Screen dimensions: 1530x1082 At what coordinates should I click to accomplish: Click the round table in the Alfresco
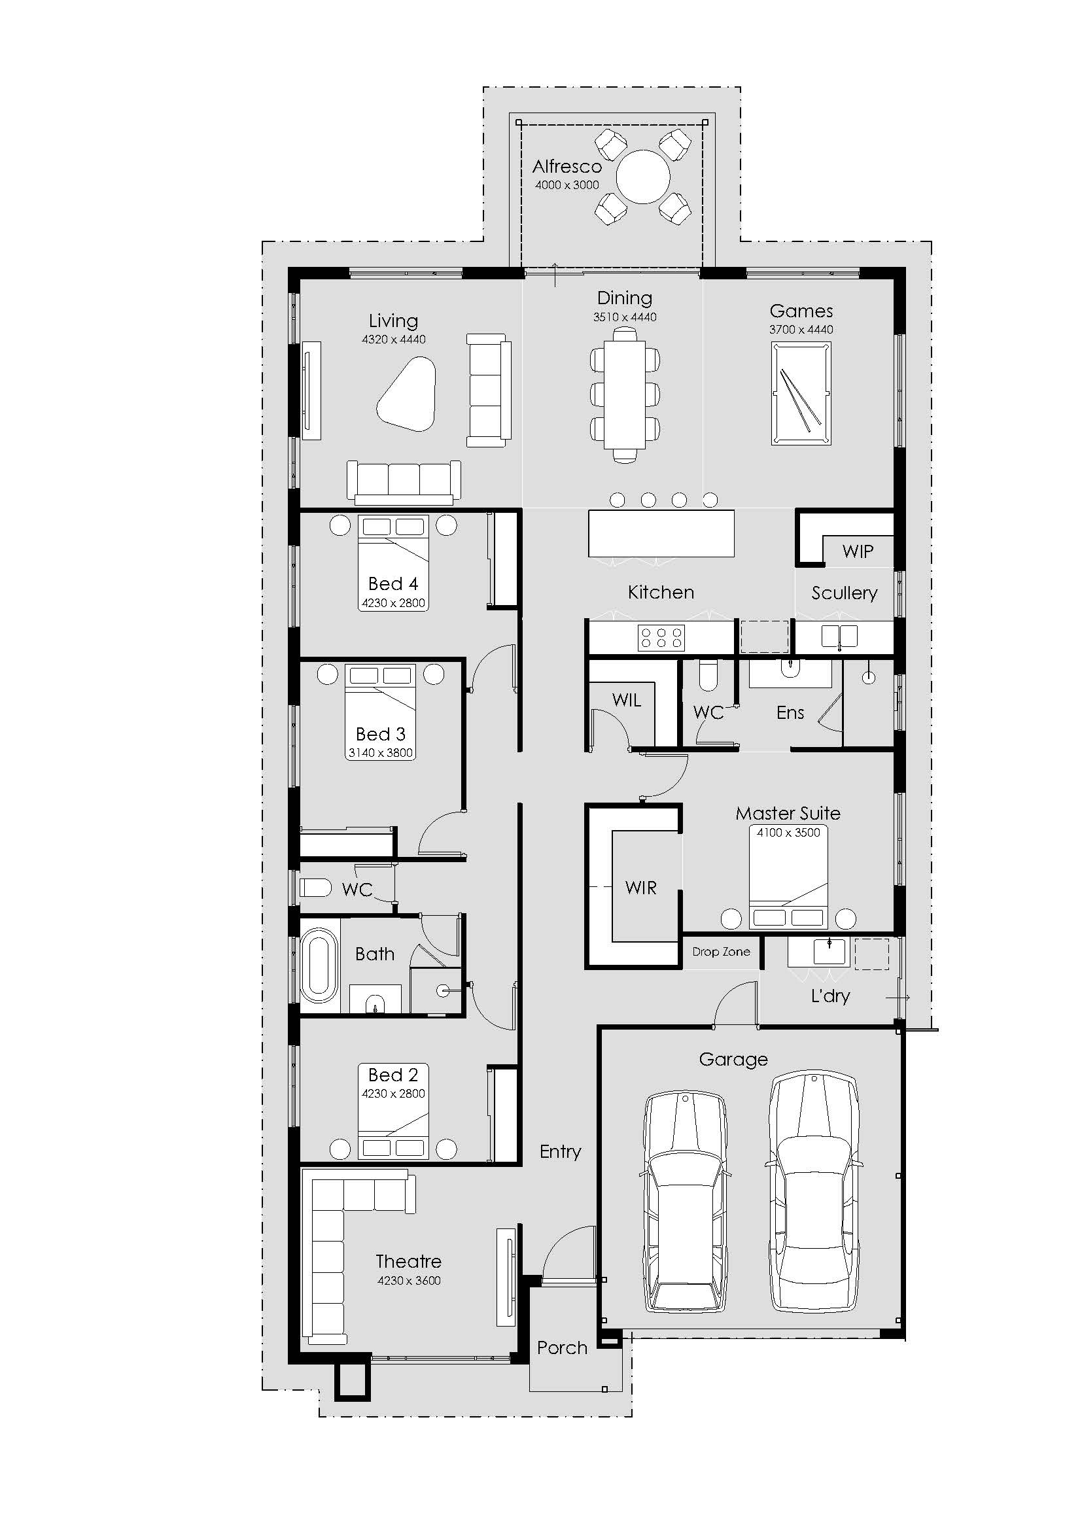(x=643, y=177)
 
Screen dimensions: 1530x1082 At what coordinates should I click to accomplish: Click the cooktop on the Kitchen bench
(x=661, y=637)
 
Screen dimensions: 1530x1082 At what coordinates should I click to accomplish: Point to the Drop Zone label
(x=721, y=952)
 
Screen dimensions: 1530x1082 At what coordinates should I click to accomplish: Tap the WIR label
(x=641, y=888)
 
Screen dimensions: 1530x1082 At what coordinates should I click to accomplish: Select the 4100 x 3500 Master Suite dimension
(x=788, y=832)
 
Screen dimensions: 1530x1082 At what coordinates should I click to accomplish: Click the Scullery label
(x=844, y=593)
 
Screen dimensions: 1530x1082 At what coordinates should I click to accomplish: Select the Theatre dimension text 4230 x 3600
(x=409, y=1280)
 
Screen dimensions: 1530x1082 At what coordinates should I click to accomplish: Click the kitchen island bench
(x=661, y=533)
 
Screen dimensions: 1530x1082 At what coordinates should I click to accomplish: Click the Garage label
(x=733, y=1060)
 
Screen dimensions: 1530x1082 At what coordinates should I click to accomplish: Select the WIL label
(x=626, y=700)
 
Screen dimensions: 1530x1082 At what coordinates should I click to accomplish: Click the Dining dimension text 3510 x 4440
(x=625, y=317)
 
